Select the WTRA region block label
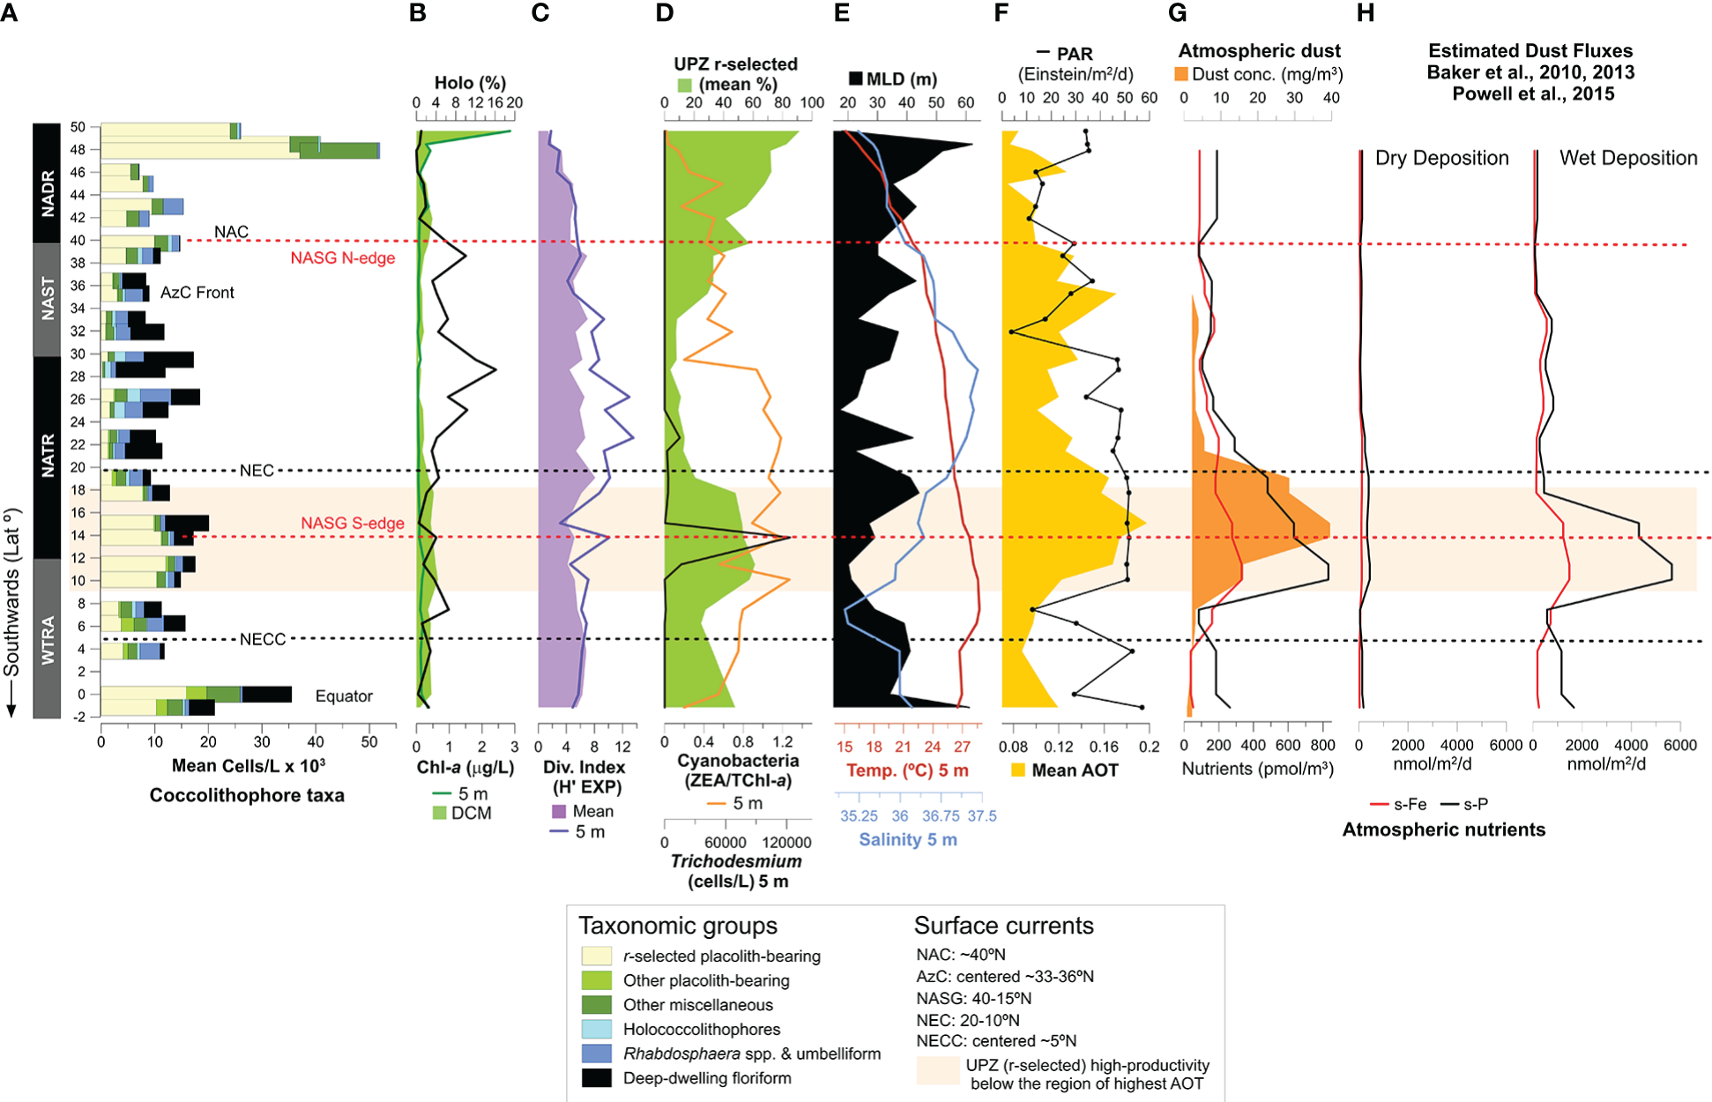coord(47,639)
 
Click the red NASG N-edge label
coord(342,258)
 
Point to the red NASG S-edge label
coord(353,523)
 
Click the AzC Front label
coord(197,293)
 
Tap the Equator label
coord(344,696)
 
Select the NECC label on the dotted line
coord(263,639)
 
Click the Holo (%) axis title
coord(470,83)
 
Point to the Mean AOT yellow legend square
coord(1018,771)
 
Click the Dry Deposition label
coord(1441,159)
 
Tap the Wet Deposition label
coord(1627,159)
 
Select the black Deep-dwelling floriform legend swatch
coord(597,1078)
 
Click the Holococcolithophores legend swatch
coord(597,1029)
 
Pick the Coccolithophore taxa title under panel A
coord(247,795)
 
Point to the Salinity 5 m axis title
coord(908,839)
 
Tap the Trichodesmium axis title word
coord(736,861)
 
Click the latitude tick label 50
coord(78,127)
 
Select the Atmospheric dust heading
coord(1259,51)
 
